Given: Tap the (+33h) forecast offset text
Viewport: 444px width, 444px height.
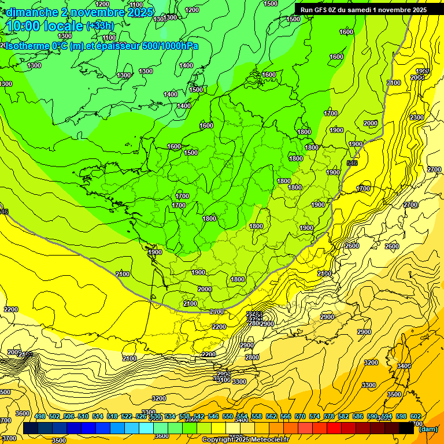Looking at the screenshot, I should pyautogui.click(x=100, y=25).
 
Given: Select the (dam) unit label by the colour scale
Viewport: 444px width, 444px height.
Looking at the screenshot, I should pyautogui.click(x=428, y=429).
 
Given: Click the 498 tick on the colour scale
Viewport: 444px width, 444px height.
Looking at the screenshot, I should pyautogui.click(x=40, y=417).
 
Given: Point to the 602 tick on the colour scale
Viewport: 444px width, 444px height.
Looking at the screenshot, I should pyautogui.click(x=415, y=417).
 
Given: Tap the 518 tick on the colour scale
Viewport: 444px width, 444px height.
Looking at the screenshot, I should pyautogui.click(x=112, y=417).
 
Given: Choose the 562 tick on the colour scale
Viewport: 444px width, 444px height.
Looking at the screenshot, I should pyautogui.click(x=271, y=417).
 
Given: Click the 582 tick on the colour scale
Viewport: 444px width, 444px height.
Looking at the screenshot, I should pyautogui.click(x=346, y=417).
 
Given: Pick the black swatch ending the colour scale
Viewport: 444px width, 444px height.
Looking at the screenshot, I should pyautogui.click(x=406, y=428).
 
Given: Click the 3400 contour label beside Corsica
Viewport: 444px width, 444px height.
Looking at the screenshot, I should pyautogui.click(x=404, y=365).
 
